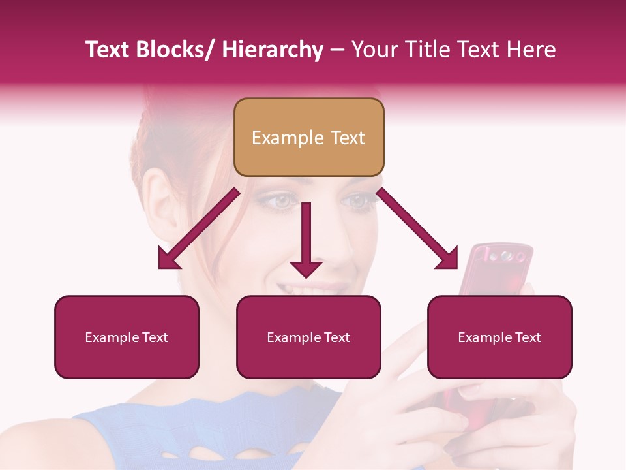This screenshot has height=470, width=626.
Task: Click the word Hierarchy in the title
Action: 273,50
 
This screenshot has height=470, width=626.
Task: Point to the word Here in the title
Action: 531,50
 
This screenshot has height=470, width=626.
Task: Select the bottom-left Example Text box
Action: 127,337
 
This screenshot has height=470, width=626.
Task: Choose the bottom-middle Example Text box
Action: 308,337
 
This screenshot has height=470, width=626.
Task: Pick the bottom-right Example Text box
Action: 499,337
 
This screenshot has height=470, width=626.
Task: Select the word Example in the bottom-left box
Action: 111,337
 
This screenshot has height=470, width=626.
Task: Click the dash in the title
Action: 337,50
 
